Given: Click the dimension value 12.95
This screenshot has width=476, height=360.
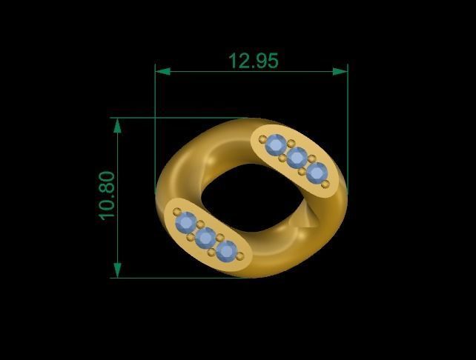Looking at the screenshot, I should point(254,61).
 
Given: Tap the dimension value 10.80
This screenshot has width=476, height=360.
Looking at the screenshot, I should point(107,196).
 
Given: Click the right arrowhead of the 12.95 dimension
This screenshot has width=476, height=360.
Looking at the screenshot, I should point(340,71).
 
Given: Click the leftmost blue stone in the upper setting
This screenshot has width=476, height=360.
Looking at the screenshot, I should point(276,144).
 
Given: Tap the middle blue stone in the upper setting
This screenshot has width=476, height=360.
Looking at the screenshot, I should point(297,158).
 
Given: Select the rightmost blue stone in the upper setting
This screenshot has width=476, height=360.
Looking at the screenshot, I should point(317,173).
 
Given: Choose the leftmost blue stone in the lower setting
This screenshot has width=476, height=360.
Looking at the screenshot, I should point(185,221).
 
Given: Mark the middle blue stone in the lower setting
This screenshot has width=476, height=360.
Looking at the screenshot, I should point(205,237).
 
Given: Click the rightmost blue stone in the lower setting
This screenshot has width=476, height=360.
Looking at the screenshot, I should point(226,251).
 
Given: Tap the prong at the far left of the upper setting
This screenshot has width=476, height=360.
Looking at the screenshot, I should point(262,139).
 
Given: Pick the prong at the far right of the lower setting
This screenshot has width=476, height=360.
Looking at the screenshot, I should point(239,256).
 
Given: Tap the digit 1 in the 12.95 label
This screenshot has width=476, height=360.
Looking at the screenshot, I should point(233,61).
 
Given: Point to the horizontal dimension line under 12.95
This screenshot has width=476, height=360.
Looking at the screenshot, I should point(251,71).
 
